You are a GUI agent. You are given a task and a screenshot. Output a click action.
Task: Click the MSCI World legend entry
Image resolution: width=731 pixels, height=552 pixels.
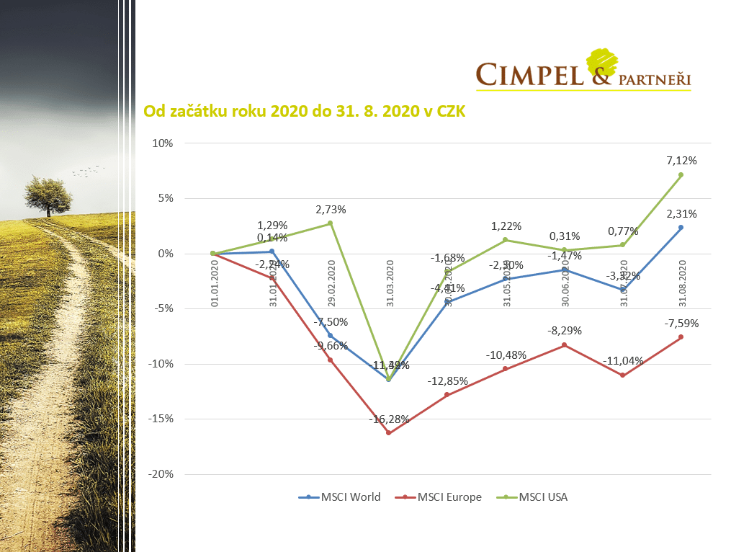340,497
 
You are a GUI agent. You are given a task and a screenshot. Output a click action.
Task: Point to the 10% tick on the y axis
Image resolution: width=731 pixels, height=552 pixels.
163,143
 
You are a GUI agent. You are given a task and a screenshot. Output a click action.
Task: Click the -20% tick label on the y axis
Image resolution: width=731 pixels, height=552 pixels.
161,474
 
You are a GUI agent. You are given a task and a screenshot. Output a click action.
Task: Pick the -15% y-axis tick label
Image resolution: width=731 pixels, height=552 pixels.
161,419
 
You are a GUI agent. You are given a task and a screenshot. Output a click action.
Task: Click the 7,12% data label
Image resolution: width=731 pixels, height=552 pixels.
681,160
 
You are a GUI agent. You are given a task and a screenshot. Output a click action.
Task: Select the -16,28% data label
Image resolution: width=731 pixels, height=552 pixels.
389,419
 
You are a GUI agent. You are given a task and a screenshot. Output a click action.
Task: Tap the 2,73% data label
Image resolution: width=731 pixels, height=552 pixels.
331,209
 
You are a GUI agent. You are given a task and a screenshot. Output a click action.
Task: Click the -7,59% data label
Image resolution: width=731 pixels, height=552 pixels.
681,323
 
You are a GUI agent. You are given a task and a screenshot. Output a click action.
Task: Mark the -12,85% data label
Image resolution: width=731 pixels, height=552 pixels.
447,380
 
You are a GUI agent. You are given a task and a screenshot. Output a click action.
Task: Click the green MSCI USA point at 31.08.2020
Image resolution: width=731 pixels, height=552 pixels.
681,174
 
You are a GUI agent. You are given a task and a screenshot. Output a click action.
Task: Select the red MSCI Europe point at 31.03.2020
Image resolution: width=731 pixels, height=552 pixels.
389,432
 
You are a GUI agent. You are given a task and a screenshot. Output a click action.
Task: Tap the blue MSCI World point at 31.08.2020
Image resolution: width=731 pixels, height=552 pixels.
681,228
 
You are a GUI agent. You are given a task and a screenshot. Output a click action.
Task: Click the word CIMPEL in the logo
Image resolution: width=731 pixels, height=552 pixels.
530,75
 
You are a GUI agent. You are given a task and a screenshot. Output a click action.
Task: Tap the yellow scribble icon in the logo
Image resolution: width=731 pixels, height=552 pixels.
604,61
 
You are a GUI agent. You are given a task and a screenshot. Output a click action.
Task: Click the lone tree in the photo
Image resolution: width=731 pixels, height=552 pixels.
48,193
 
